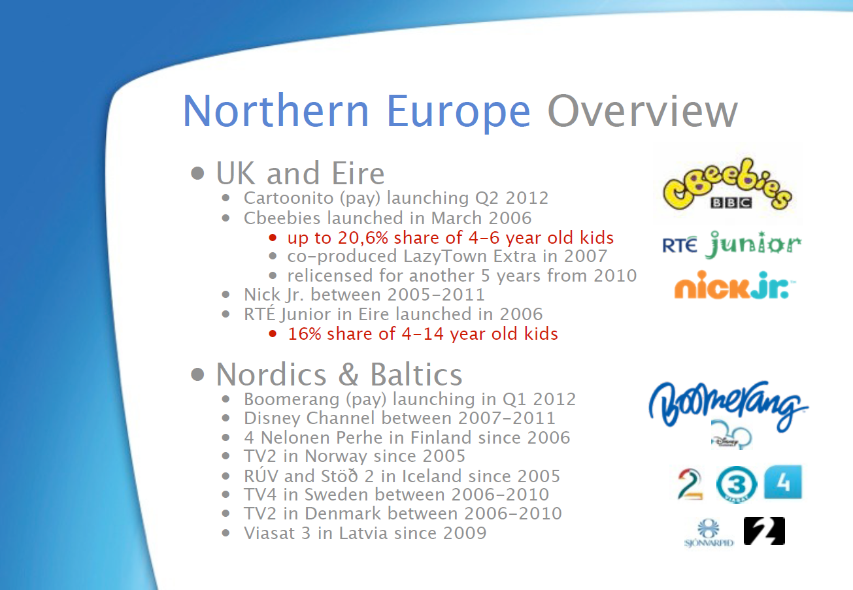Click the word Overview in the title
click(643, 111)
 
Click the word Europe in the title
click(458, 112)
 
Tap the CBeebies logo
click(728, 184)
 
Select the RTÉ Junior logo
click(731, 244)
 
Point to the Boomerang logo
click(728, 405)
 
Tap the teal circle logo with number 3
click(737, 484)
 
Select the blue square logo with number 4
click(783, 482)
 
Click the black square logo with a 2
click(764, 531)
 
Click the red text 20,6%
click(363, 238)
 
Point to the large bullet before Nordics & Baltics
click(197, 374)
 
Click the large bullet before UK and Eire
click(197, 174)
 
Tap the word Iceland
click(432, 476)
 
